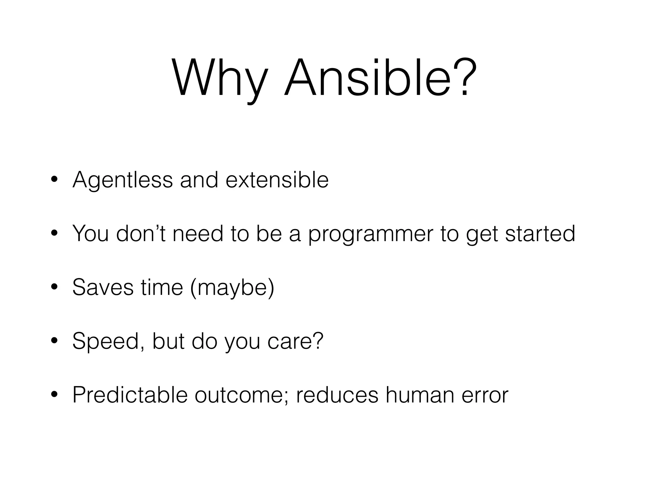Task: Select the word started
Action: click(x=540, y=233)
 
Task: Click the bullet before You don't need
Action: click(x=54, y=234)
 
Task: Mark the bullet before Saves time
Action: click(x=54, y=288)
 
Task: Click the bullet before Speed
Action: click(x=54, y=341)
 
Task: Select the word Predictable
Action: click(x=130, y=395)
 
